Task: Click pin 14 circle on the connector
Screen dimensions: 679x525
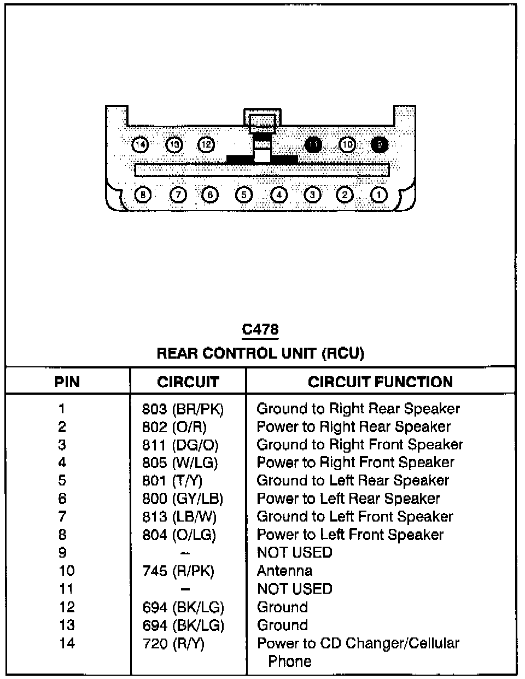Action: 141,145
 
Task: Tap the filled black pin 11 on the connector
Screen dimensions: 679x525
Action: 313,145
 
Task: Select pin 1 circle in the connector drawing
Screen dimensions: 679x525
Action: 378,195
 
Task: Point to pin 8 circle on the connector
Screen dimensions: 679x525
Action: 143,195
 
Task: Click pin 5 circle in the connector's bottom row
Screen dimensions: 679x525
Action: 244,195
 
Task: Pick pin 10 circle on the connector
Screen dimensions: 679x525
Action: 347,145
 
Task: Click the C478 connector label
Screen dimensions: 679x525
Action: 260,330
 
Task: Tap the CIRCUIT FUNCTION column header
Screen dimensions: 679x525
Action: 380,382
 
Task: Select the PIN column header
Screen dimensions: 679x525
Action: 67,382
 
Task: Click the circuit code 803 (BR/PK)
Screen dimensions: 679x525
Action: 183,409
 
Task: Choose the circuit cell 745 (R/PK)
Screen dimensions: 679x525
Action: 178,571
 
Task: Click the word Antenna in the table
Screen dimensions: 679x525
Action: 284,571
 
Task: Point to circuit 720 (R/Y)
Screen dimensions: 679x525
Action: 173,643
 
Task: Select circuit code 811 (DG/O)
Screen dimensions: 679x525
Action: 180,445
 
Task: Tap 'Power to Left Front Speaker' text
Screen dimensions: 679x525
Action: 350,535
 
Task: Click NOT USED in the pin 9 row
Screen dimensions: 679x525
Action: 294,553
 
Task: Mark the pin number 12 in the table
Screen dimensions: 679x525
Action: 67,607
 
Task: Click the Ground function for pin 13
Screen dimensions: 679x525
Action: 282,625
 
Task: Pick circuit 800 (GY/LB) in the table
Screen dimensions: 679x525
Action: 183,499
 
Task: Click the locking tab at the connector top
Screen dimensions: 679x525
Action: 262,120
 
